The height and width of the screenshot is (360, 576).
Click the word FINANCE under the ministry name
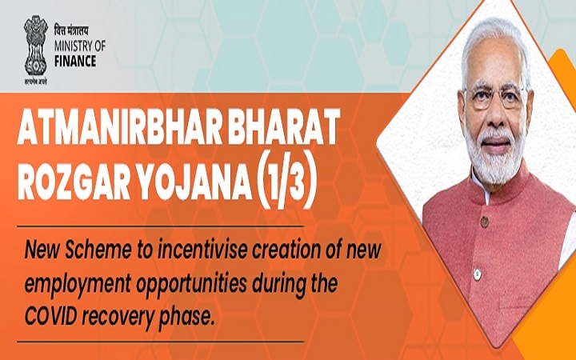coord(75,61)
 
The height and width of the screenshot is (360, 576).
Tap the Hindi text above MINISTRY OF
coord(71,31)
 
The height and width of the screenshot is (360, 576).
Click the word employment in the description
coord(78,284)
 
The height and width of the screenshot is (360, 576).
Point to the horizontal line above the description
coord(160,226)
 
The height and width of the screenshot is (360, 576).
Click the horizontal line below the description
coord(160,342)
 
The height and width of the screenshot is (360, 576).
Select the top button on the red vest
coord(485,222)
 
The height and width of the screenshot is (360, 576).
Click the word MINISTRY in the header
coord(71,46)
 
